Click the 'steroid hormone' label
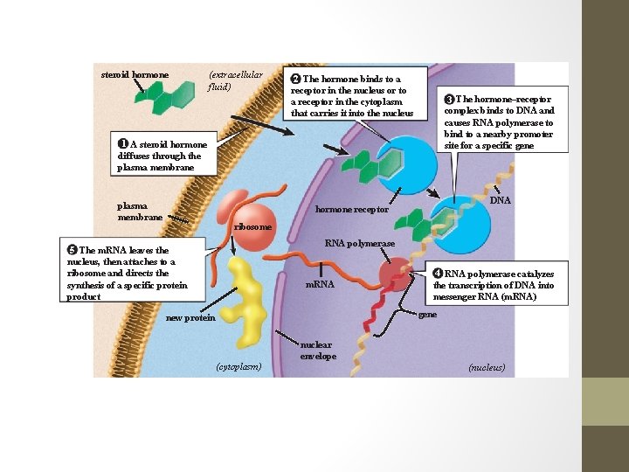(x=134, y=74)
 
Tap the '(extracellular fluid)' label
(x=234, y=80)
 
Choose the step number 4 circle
(x=439, y=274)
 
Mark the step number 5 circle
(x=73, y=250)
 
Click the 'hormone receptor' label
(x=351, y=210)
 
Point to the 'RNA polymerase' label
(x=360, y=242)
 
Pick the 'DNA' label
(x=501, y=200)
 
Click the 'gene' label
(x=428, y=314)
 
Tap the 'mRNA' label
(x=319, y=285)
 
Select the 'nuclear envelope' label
(x=318, y=350)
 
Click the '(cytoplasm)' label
(x=238, y=366)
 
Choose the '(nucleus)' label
(x=487, y=367)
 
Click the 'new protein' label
(x=190, y=317)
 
